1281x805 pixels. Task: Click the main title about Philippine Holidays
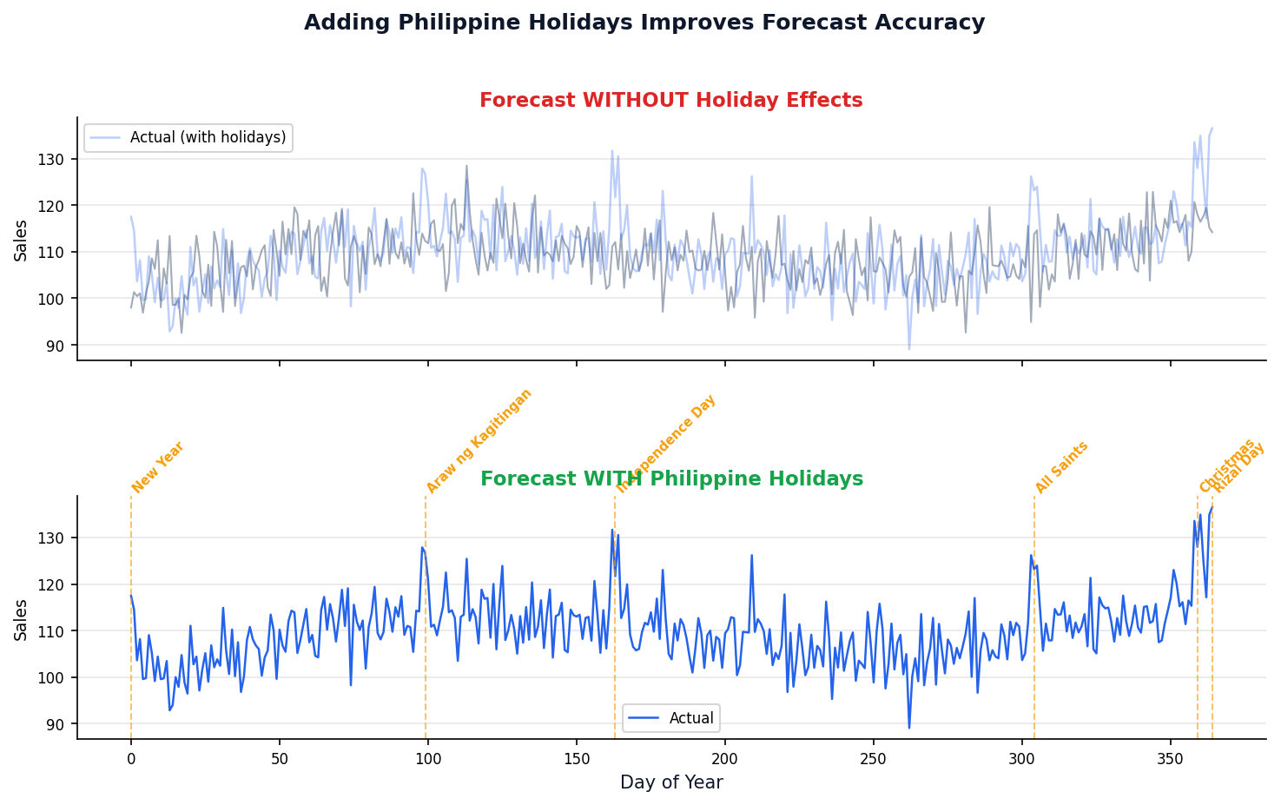(644, 23)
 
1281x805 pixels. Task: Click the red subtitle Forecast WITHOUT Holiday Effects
(670, 101)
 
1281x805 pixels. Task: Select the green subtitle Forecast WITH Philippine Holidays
(670, 479)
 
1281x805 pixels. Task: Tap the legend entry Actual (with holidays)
(208, 137)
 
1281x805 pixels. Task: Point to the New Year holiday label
(158, 467)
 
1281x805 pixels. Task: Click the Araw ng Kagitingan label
(479, 441)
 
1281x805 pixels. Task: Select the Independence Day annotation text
(666, 444)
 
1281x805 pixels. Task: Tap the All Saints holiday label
(1061, 467)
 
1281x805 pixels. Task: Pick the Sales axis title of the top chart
(21, 241)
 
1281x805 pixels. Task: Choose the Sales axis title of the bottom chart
(21, 619)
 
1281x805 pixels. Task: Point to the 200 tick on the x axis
(724, 756)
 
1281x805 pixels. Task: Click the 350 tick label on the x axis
(1170, 756)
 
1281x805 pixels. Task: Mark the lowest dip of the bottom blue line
(909, 728)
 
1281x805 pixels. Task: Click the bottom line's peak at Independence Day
(611, 530)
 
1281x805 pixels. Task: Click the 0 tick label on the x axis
(131, 756)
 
